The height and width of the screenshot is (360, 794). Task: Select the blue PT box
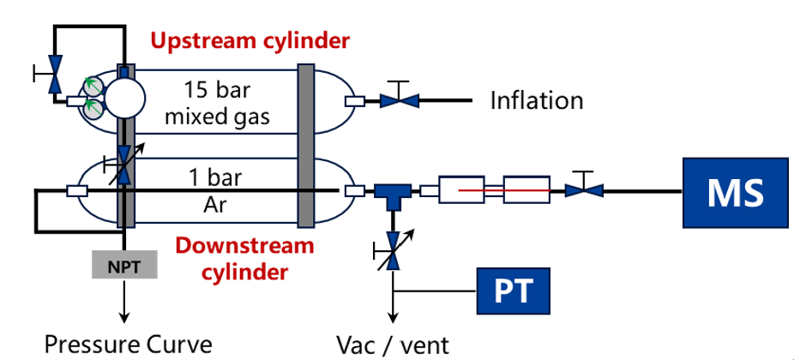click(514, 292)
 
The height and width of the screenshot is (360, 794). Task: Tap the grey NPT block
click(125, 267)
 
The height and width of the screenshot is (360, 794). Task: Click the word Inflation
click(537, 101)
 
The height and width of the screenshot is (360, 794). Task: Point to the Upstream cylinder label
click(250, 41)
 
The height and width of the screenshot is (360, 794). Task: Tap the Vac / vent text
click(392, 345)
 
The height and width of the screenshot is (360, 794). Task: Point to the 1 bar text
click(216, 178)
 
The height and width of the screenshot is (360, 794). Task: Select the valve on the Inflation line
click(399, 100)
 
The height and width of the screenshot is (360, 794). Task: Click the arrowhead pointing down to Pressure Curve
click(125, 317)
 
